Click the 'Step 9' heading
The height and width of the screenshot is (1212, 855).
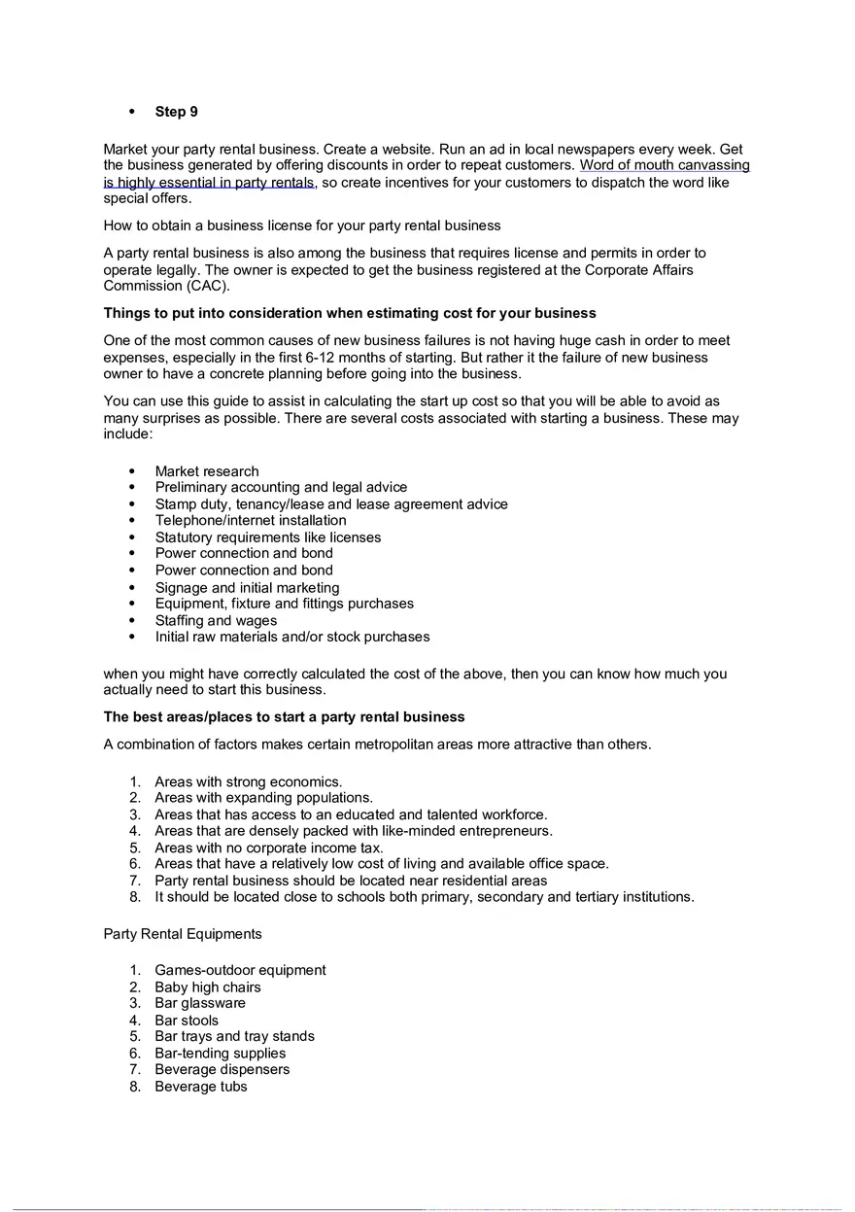(176, 112)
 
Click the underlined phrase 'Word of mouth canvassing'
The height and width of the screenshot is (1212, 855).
(665, 165)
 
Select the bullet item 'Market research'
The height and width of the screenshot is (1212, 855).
(207, 471)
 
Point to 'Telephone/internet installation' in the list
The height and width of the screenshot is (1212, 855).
(250, 520)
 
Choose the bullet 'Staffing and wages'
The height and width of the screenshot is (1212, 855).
(216, 620)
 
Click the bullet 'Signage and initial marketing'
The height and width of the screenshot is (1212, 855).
(247, 587)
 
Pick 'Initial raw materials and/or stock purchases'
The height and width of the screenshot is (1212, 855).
(291, 637)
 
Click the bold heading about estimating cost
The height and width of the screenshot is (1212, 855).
(350, 313)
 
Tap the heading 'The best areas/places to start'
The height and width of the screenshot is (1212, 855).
(284, 716)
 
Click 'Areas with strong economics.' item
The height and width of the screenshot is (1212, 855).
(248, 781)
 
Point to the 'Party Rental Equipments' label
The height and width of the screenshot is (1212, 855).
(183, 934)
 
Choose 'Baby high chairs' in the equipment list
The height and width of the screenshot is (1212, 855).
(208, 987)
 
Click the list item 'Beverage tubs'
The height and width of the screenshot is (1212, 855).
(201, 1087)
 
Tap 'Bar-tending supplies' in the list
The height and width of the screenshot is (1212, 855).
(221, 1053)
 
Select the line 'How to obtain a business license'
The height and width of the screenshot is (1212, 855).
(302, 225)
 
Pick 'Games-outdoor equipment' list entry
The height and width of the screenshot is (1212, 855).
(240, 970)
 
